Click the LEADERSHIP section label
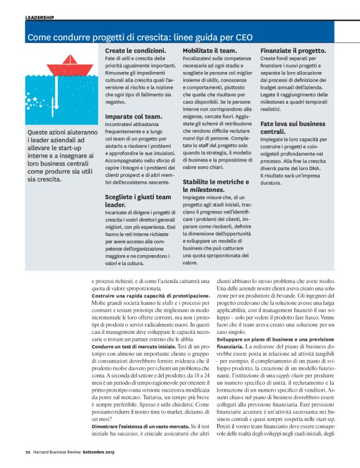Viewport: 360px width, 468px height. (x=40, y=17)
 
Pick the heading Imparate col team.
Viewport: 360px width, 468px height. (x=133, y=116)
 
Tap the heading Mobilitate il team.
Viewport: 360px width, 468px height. (x=209, y=50)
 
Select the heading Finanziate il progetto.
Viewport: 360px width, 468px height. (x=293, y=50)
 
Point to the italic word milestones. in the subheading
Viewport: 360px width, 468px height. (x=207, y=189)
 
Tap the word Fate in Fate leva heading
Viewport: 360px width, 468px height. (x=269, y=124)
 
